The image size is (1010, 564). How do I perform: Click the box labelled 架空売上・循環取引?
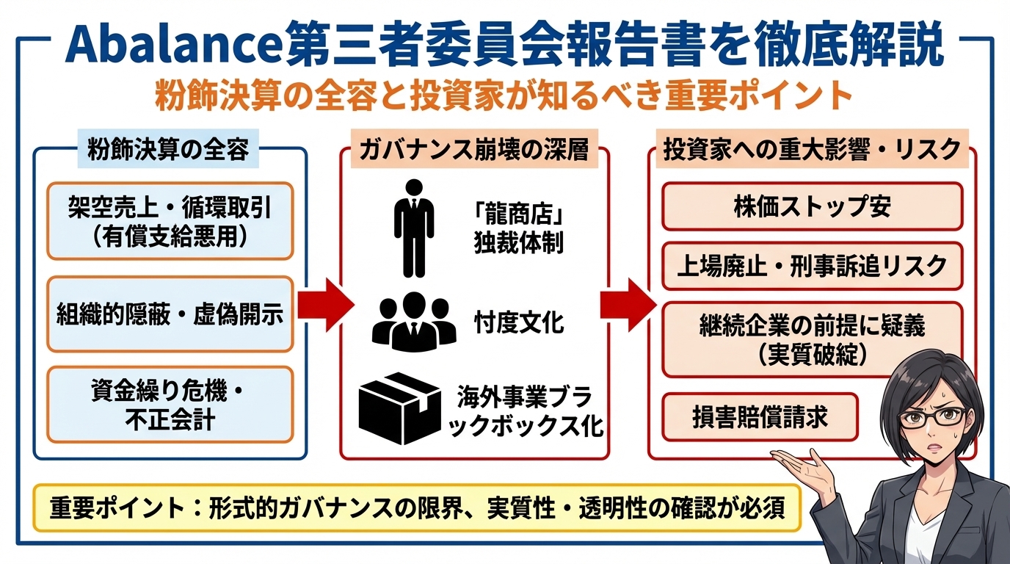pyautogui.click(x=170, y=221)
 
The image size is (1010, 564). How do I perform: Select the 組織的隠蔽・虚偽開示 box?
pyautogui.click(x=170, y=314)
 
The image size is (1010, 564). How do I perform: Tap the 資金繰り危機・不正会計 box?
pyautogui.click(x=170, y=405)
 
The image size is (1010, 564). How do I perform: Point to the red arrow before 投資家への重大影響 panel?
pyautogui.click(x=627, y=305)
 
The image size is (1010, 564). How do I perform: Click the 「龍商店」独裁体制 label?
pyautogui.click(x=518, y=230)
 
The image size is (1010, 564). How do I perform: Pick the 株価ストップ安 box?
pyautogui.click(x=812, y=207)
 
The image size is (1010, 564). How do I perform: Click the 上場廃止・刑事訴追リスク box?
pyautogui.click(x=812, y=265)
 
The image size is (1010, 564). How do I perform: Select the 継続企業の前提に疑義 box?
pyautogui.click(x=812, y=339)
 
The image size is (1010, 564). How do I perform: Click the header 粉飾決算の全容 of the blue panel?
pyautogui.click(x=168, y=150)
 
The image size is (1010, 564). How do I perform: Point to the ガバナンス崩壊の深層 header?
pyautogui.click(x=473, y=150)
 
